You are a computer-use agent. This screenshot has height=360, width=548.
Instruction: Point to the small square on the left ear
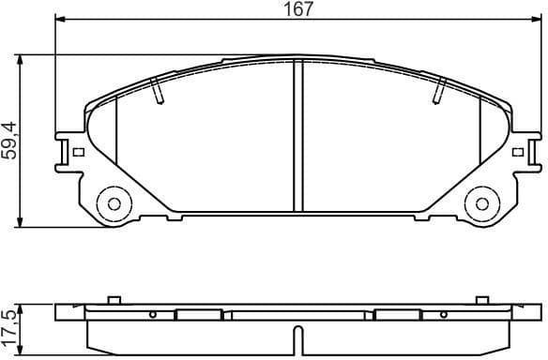[79, 152]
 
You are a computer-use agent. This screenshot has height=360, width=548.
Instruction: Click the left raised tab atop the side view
[114, 301]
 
